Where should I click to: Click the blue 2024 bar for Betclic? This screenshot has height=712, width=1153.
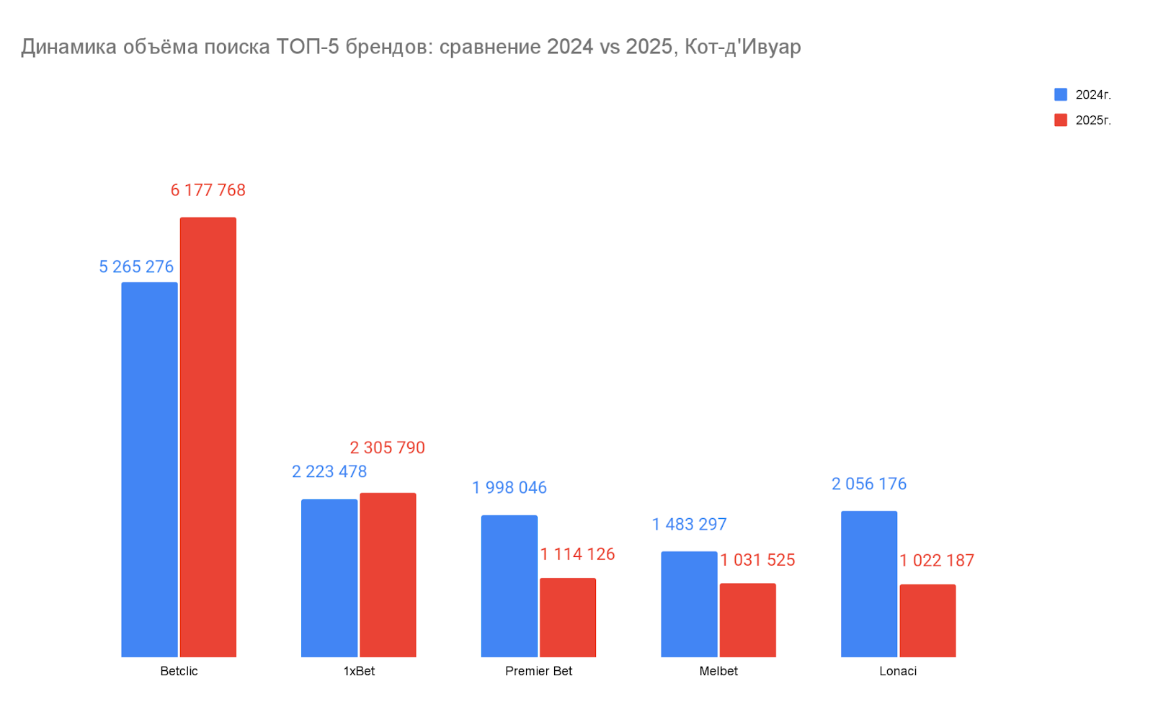[x=149, y=469]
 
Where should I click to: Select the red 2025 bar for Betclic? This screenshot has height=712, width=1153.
[x=208, y=437]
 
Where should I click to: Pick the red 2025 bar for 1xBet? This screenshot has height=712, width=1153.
[x=388, y=575]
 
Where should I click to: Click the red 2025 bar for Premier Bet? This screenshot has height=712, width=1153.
[x=568, y=618]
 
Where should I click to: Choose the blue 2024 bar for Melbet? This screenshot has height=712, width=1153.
[x=689, y=604]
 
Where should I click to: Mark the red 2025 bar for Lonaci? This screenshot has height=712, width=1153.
[x=927, y=620]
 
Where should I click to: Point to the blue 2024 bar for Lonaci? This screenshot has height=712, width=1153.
[x=868, y=584]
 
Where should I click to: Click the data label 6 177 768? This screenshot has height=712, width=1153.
[x=208, y=190]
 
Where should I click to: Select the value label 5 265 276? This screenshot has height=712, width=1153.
[x=136, y=267]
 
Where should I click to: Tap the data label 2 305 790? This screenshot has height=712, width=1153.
[x=387, y=448]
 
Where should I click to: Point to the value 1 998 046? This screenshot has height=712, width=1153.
[x=509, y=488]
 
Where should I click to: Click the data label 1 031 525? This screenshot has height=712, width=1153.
[x=757, y=560]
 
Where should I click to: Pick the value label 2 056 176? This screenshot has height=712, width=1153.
[x=868, y=484]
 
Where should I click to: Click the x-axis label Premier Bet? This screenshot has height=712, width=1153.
[x=538, y=671]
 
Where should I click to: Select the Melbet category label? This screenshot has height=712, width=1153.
[x=718, y=671]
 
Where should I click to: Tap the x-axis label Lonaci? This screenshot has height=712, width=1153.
[x=898, y=671]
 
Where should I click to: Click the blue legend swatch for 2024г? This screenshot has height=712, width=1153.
[x=1061, y=94]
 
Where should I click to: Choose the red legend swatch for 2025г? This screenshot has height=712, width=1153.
[x=1061, y=120]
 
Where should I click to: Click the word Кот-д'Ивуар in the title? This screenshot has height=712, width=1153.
[x=742, y=47]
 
